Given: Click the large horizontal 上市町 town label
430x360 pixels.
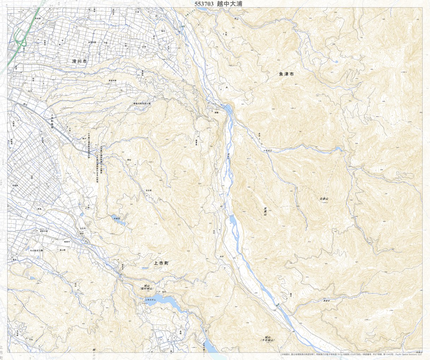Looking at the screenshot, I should point(162,263).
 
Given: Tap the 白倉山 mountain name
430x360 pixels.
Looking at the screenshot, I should point(324,199).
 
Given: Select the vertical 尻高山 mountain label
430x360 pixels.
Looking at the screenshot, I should point(265,211).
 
